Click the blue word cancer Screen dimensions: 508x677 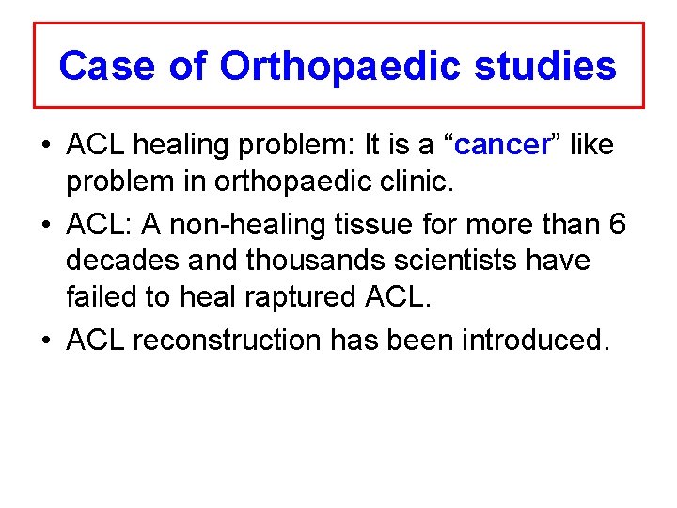click(501, 146)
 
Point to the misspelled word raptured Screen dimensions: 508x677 click(299, 296)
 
